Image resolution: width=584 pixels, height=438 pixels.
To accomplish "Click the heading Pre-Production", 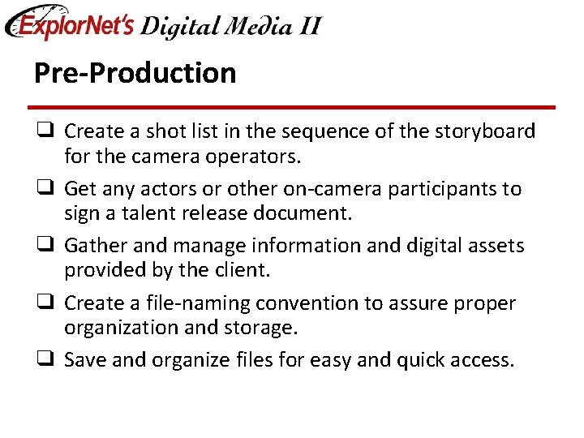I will pyautogui.click(x=135, y=73).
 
